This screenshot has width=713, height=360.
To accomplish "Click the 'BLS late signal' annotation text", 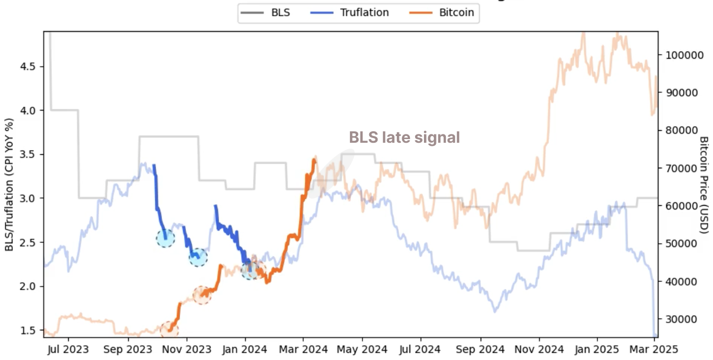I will point(404,138).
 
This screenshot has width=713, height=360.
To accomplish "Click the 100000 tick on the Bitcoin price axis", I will point(683,55).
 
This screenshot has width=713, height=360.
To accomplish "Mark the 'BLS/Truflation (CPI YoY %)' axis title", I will point(9,185).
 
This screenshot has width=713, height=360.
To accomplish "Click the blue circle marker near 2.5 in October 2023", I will point(165,238).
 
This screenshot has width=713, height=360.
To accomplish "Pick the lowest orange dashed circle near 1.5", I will point(169,329).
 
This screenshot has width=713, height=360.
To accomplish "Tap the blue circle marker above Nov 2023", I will point(198,256).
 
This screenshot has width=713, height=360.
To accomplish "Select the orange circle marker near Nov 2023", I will point(202,295).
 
